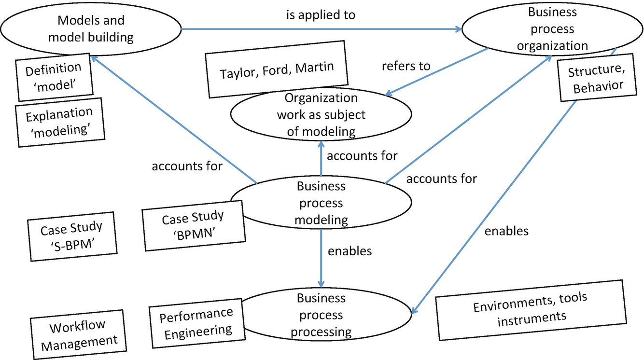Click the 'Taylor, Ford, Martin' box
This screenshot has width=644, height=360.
pos(277,69)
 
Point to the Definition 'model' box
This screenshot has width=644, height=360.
pos(54,77)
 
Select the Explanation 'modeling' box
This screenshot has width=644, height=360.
pos(60,123)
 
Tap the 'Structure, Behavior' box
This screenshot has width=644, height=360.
pos(597,78)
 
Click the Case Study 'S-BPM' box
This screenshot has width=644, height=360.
pos(72,236)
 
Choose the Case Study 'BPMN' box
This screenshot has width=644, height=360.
pos(194,226)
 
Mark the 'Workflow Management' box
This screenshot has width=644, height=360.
pos(78,335)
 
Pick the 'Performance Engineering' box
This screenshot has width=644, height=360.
pos(197,323)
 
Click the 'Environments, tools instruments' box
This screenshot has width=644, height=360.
pos(531,310)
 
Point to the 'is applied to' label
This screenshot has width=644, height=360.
pos(321,15)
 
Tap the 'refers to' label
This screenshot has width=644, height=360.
pos(406,66)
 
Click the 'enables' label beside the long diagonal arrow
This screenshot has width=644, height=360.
pos(506,231)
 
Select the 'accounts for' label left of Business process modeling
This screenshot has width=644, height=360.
pos(187,166)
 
